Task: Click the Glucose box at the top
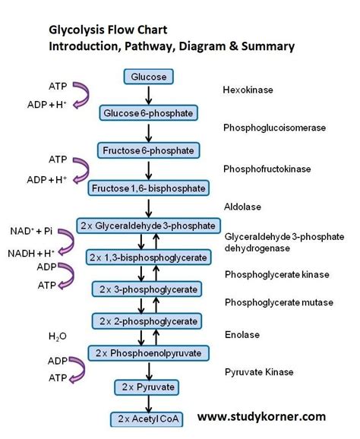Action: [149, 77]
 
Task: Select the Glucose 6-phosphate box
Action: [149, 113]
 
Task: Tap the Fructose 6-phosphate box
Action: [149, 150]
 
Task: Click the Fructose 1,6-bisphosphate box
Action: [149, 187]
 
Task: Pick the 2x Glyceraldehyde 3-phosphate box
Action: [149, 226]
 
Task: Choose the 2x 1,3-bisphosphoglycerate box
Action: [149, 257]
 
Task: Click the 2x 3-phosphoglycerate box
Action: [149, 289]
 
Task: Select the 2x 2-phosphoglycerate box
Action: [149, 321]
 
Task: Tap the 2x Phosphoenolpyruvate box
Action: [149, 354]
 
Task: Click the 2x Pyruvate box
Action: [149, 387]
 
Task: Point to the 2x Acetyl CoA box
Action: [149, 419]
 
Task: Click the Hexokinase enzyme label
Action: [248, 90]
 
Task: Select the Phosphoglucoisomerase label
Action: [274, 128]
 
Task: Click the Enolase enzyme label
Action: [242, 334]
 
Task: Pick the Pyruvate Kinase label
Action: [259, 372]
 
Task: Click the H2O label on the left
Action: [58, 335]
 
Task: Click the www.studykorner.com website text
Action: [261, 416]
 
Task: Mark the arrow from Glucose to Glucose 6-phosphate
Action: [149, 95]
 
